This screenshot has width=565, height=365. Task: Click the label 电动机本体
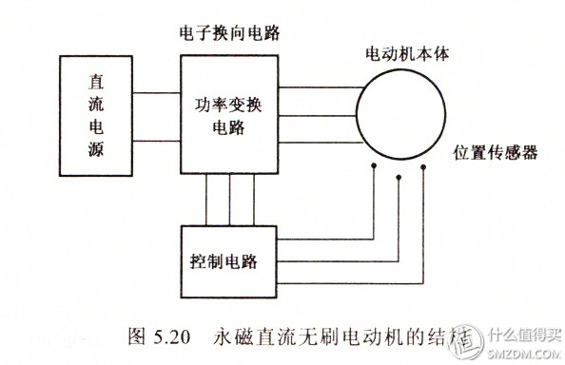[x=405, y=54]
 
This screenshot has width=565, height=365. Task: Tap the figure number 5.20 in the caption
[x=172, y=336]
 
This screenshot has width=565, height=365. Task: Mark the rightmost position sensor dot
[x=423, y=166]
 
